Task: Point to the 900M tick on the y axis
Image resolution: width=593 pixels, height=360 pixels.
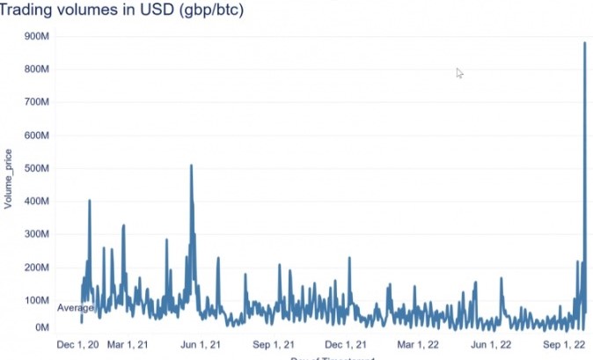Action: coord(41,36)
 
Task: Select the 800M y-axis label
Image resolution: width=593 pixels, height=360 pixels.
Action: coord(41,70)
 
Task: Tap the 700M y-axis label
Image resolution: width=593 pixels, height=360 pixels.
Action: coord(41,102)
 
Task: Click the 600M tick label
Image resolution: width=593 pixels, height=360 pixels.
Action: coord(41,136)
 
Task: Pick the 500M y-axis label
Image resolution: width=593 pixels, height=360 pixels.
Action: coord(41,168)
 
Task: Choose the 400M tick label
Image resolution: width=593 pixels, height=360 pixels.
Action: coord(41,202)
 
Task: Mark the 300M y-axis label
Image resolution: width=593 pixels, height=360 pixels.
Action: coord(41,234)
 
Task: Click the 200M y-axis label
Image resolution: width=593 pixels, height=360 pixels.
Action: coord(41,268)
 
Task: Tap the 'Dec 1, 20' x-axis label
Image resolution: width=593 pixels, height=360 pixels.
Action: coord(77,344)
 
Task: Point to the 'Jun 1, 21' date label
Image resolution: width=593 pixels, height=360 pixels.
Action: coord(198,344)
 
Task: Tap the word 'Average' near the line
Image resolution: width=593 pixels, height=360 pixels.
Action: coord(76,308)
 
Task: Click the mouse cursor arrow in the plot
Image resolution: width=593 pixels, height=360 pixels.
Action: coord(458,72)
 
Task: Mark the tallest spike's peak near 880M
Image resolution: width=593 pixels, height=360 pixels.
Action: coord(585,42)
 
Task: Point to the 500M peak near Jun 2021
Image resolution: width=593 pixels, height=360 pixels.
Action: coord(191,165)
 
